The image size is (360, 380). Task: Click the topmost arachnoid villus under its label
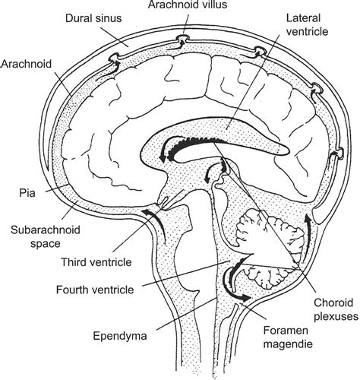[x=183, y=38]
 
